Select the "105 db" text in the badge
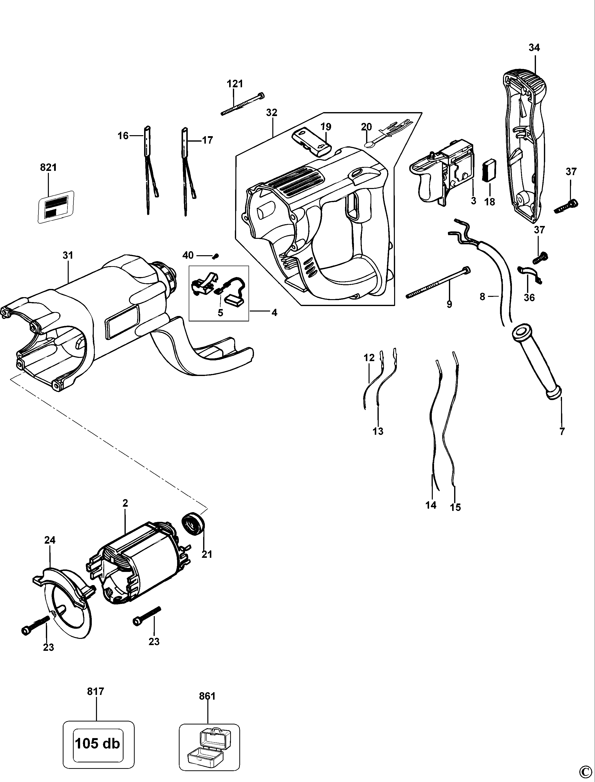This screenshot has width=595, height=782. point(97,743)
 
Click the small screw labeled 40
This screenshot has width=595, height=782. point(216,256)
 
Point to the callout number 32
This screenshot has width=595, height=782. point(272,112)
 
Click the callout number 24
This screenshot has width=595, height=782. point(50,540)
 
